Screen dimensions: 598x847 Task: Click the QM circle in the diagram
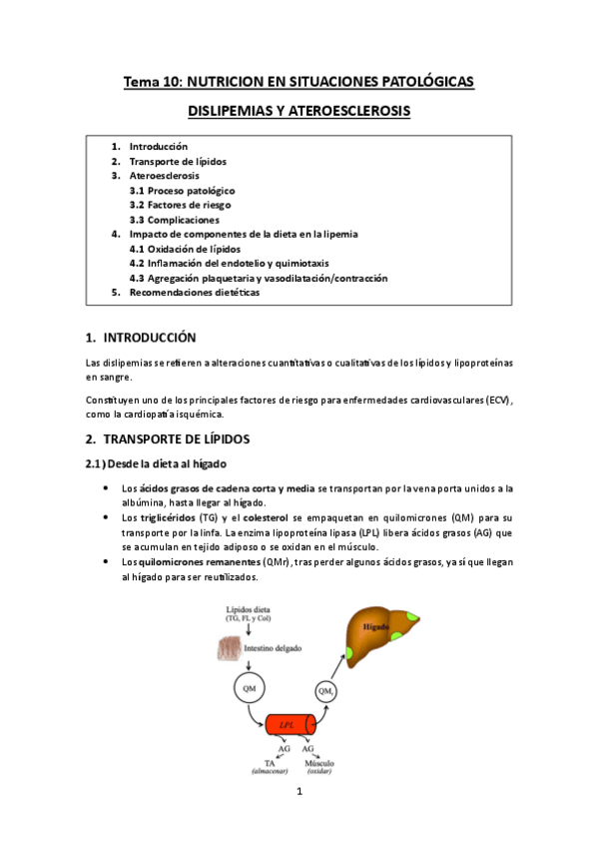click(247, 687)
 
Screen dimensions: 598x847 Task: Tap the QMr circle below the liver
click(325, 690)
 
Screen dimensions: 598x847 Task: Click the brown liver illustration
click(379, 635)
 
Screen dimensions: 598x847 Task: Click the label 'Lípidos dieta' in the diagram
click(247, 607)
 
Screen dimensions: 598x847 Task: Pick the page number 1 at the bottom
click(299, 793)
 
